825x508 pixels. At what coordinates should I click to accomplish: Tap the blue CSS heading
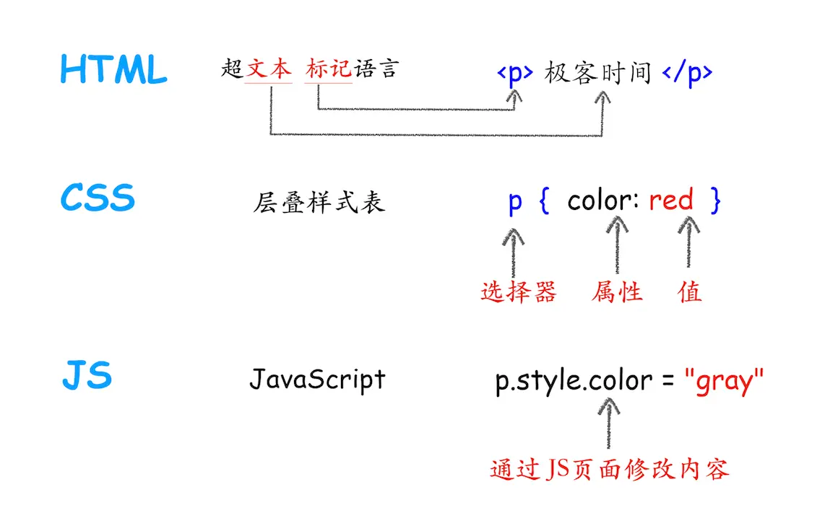pyautogui.click(x=98, y=198)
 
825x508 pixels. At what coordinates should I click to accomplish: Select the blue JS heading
pyautogui.click(x=87, y=377)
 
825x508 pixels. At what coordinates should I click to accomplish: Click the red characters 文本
pyautogui.click(x=269, y=69)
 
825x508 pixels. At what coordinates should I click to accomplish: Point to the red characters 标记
pyautogui.click(x=329, y=69)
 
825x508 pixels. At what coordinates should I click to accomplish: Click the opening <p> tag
pyautogui.click(x=515, y=73)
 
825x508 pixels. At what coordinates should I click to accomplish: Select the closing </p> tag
pyautogui.click(x=686, y=73)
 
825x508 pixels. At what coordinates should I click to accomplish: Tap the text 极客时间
pyautogui.click(x=598, y=73)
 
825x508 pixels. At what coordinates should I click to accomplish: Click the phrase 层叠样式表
pyautogui.click(x=319, y=202)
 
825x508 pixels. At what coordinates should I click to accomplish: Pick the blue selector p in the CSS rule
pyautogui.click(x=514, y=201)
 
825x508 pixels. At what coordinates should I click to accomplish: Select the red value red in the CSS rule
pyautogui.click(x=670, y=200)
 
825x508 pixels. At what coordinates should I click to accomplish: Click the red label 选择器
pyautogui.click(x=519, y=292)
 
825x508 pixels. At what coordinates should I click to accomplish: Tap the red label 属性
pyautogui.click(x=617, y=292)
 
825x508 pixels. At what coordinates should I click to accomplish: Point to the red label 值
pyautogui.click(x=690, y=292)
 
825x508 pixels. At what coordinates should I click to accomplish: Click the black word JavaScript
pyautogui.click(x=317, y=379)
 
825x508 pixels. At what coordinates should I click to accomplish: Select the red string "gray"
pyautogui.click(x=723, y=380)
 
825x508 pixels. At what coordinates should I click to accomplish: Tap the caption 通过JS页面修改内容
pyautogui.click(x=610, y=470)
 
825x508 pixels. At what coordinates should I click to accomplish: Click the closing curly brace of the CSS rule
pyautogui.click(x=715, y=201)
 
